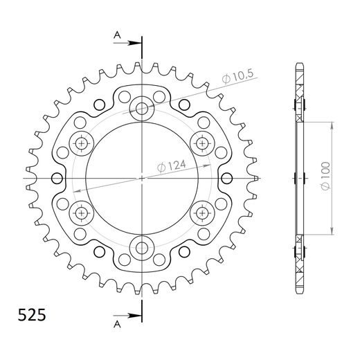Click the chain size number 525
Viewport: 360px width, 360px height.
[31, 314]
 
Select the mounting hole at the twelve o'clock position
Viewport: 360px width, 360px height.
[143, 107]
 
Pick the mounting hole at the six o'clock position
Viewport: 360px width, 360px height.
[143, 246]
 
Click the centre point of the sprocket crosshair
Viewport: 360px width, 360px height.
[143, 177]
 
